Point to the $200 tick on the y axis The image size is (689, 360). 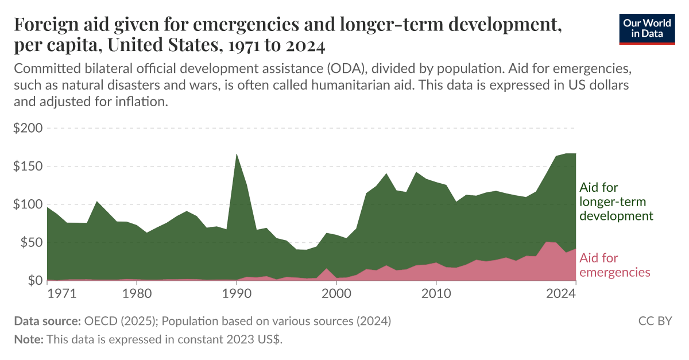(28, 128)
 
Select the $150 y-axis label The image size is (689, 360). (28, 167)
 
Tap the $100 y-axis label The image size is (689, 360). (28, 204)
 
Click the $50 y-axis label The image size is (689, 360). (30, 242)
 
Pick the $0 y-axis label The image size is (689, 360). (33, 280)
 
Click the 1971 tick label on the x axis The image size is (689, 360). (61, 293)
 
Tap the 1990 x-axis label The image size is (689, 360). (236, 293)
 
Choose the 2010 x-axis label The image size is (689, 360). (436, 293)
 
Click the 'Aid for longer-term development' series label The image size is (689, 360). (616, 202)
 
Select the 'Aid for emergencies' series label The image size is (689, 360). (615, 265)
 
